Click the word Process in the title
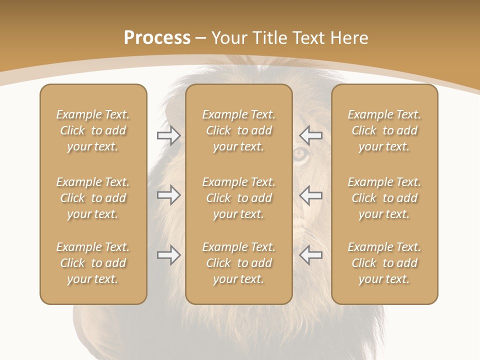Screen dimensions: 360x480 pyautogui.click(x=157, y=38)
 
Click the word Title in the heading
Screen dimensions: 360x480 pyautogui.click(x=270, y=38)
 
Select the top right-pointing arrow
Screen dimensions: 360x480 pyautogui.click(x=169, y=135)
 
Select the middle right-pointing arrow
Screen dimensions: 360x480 pyautogui.click(x=169, y=194)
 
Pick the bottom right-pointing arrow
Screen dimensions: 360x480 pyautogui.click(x=169, y=255)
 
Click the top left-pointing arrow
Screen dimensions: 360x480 pyautogui.click(x=310, y=135)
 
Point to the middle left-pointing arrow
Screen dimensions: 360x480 pyautogui.click(x=310, y=194)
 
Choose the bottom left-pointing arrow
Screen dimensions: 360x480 pyautogui.click(x=310, y=255)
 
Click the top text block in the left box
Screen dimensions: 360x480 pyautogui.click(x=93, y=130)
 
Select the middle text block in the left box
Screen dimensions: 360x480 pyautogui.click(x=93, y=198)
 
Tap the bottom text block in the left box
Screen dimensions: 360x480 pyautogui.click(x=93, y=263)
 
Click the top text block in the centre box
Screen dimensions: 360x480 pyautogui.click(x=238, y=130)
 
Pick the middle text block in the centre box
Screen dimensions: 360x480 pyautogui.click(x=238, y=198)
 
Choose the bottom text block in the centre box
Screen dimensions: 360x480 pyautogui.click(x=238, y=263)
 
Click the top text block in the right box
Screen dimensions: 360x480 pyautogui.click(x=384, y=130)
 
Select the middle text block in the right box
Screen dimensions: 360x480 pyautogui.click(x=384, y=198)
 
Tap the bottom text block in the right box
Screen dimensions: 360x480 pyautogui.click(x=384, y=263)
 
